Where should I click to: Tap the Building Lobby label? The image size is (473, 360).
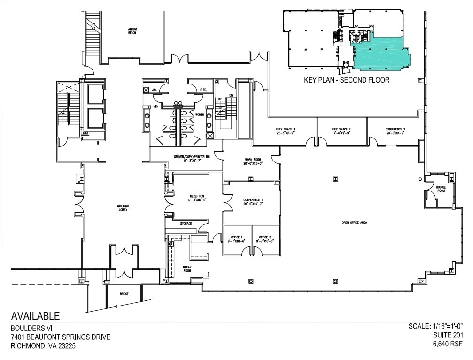click(123, 208)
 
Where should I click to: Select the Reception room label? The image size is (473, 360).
click(197, 198)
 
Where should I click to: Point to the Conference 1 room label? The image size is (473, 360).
click(253, 202)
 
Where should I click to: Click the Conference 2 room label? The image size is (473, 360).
click(395, 131)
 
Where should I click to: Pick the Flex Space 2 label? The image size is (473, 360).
click(341, 131)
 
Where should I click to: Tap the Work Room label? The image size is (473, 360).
click(253, 161)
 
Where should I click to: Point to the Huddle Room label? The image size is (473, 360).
click(441, 189)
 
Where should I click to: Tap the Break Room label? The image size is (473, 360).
click(187, 268)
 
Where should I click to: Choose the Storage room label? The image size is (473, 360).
click(186, 224)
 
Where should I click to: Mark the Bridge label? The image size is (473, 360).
click(124, 294)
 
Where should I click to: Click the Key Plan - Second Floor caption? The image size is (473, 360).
click(347, 80)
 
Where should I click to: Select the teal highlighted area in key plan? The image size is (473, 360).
click(380, 53)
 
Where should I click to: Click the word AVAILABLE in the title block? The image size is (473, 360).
click(35, 316)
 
